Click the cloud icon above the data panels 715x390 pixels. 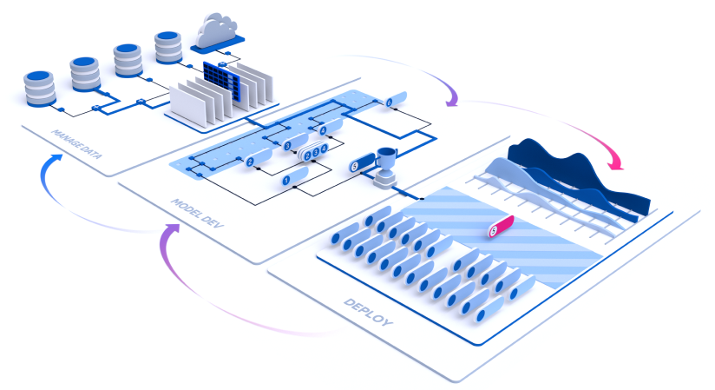[x=219, y=33]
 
